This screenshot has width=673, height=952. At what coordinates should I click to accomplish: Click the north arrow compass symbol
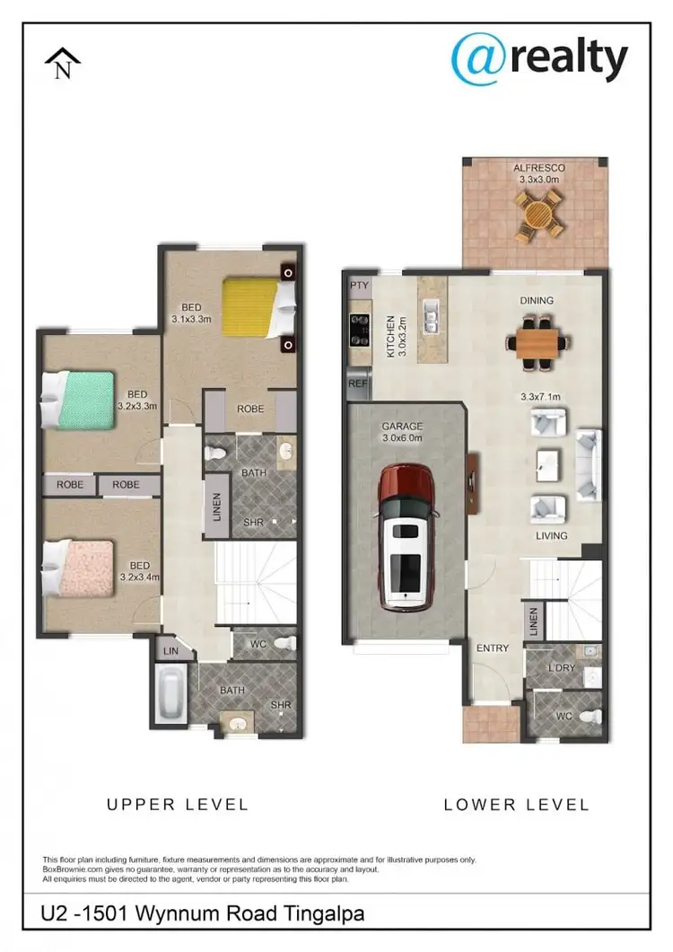pyautogui.click(x=63, y=65)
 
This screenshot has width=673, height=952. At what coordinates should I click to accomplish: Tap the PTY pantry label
pyautogui.click(x=360, y=286)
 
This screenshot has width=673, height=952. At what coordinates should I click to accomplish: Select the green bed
pyautogui.click(x=81, y=400)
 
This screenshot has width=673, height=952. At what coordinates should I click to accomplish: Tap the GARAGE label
pyautogui.click(x=402, y=427)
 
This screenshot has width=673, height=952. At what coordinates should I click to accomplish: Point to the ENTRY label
pyautogui.click(x=493, y=648)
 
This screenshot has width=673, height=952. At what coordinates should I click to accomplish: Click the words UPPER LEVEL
pyautogui.click(x=177, y=804)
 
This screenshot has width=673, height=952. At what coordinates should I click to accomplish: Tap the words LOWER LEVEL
pyautogui.click(x=516, y=804)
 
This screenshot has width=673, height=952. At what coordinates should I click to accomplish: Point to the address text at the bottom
pyautogui.click(x=203, y=915)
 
